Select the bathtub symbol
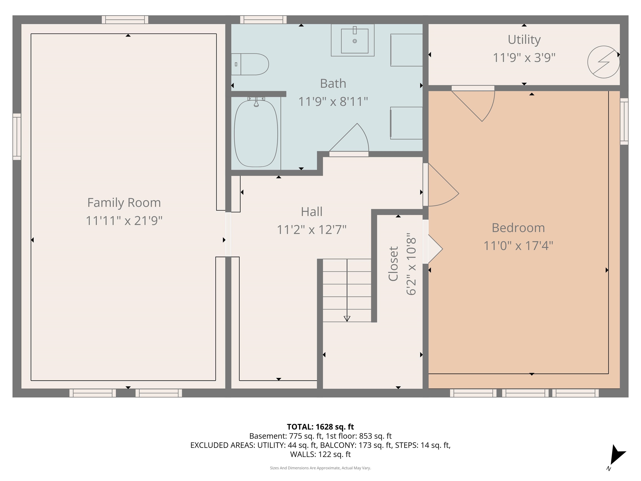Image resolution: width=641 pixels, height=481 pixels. [256, 134]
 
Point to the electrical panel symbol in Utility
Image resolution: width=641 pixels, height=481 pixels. [603, 62]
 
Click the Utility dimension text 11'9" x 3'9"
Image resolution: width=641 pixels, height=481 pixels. [524, 58]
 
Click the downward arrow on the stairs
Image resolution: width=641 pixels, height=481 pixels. [347, 318]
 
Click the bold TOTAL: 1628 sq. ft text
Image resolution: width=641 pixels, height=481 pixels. [320, 427]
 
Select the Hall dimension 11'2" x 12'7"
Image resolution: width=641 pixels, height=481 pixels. [312, 230]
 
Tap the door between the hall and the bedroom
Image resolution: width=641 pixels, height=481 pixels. [440, 186]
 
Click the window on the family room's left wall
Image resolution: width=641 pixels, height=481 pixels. [17, 137]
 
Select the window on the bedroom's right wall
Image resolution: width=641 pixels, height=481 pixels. [624, 121]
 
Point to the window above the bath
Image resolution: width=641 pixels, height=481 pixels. [263, 20]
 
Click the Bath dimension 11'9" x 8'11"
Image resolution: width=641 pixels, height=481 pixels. [333, 102]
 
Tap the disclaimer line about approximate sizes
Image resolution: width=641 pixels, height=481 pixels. [320, 468]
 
